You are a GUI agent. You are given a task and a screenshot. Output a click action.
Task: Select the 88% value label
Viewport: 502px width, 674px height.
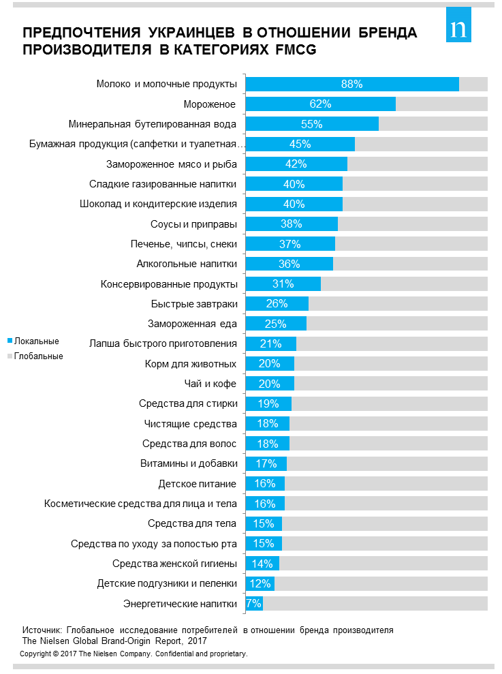pyautogui.click(x=351, y=85)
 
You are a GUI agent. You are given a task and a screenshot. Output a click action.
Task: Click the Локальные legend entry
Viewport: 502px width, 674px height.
pyautogui.click(x=37, y=341)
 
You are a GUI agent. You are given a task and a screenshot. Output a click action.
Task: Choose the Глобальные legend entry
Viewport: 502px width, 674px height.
pyautogui.click(x=38, y=356)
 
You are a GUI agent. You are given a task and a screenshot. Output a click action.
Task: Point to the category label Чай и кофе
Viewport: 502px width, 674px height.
pyautogui.click(x=210, y=384)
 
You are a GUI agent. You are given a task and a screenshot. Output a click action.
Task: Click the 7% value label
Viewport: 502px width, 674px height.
pyautogui.click(x=254, y=604)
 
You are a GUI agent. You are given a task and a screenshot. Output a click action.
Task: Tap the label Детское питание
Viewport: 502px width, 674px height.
pyautogui.click(x=198, y=484)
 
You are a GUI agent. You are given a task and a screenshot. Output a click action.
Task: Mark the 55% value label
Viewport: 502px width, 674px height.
pyautogui.click(x=311, y=124)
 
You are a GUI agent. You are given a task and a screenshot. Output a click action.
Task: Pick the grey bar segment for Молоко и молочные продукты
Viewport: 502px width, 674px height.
pyautogui.click(x=473, y=85)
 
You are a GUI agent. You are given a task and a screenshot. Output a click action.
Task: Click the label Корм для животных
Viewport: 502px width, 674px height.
pyautogui.click(x=191, y=364)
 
